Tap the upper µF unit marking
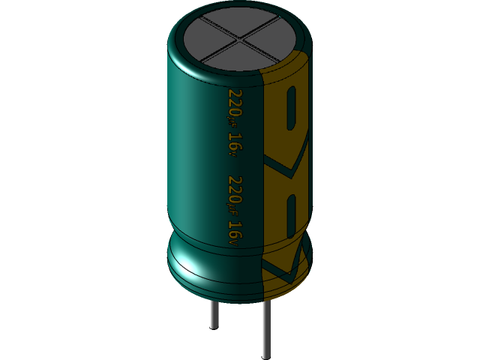pyautogui.click(x=235, y=122)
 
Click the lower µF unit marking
pyautogui.click(x=235, y=211)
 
